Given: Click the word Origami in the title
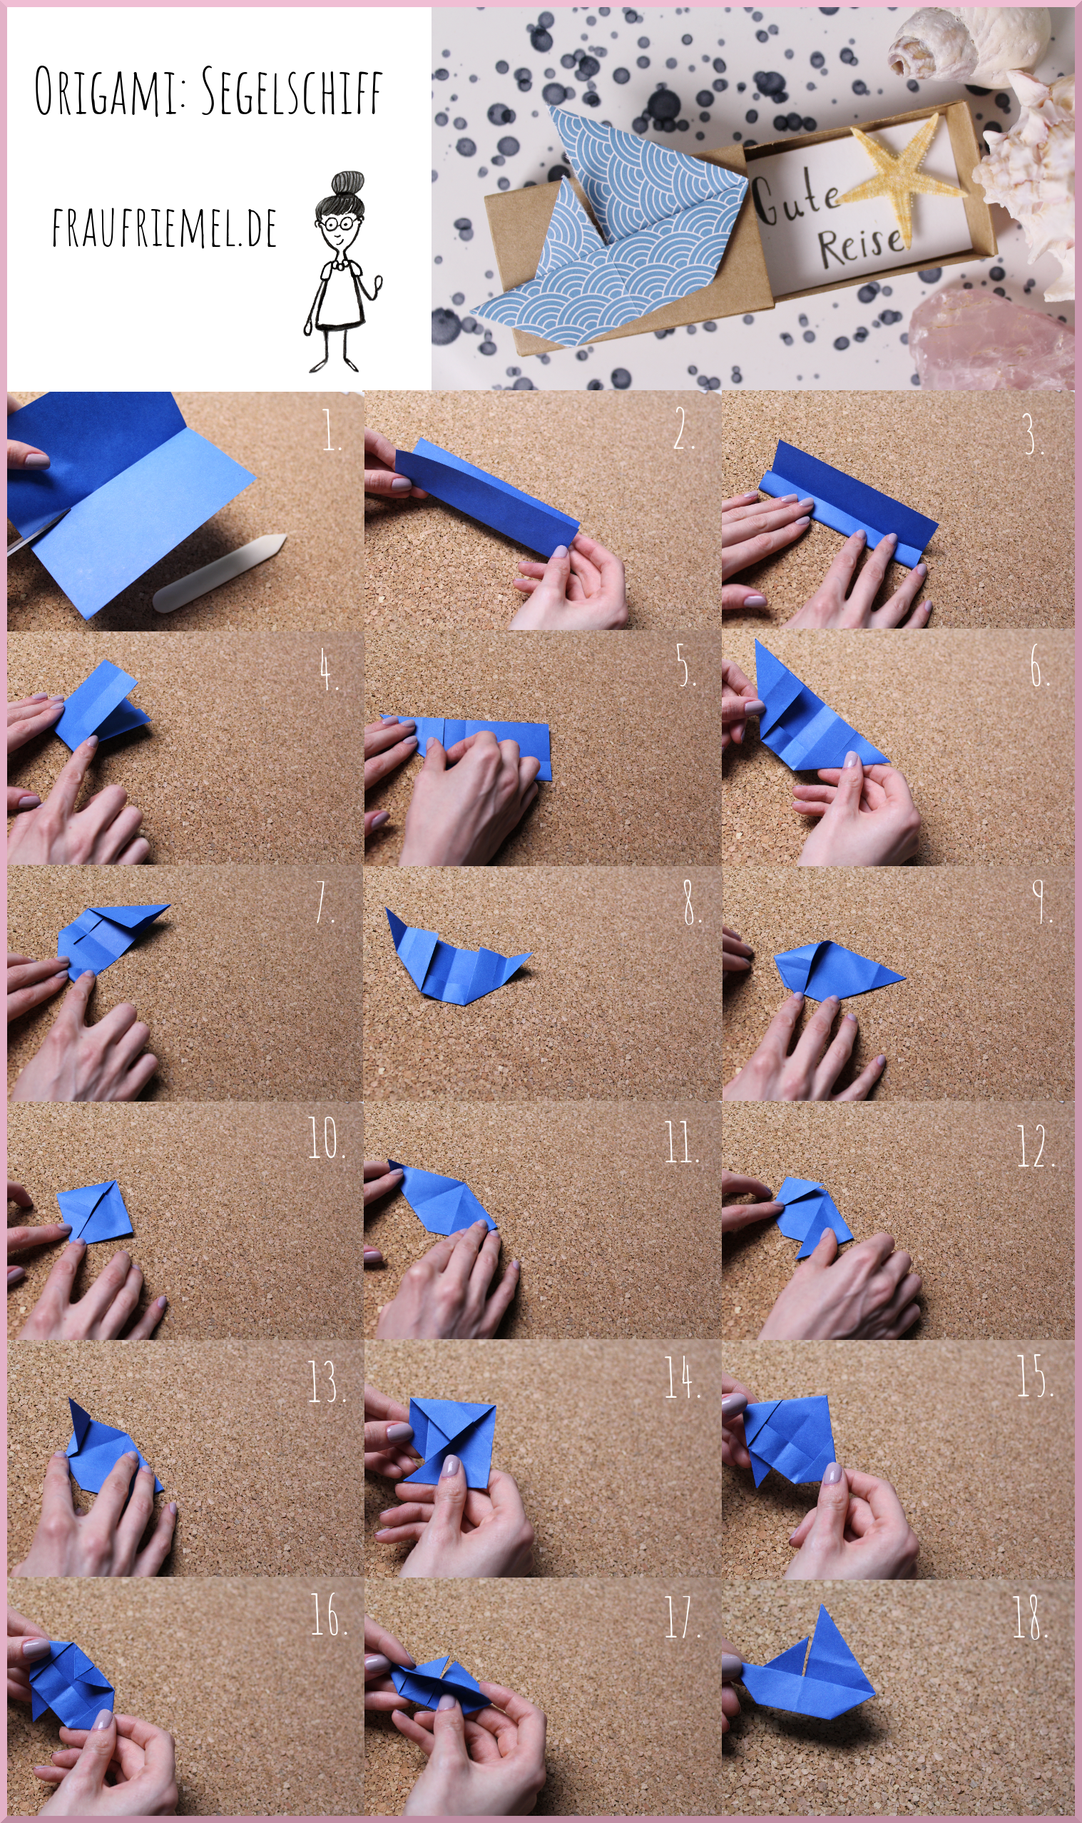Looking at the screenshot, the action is point(107,91).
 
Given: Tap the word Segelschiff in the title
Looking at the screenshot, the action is point(291,91).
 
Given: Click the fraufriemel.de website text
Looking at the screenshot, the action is point(164,228).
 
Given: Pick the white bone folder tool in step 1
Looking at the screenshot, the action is point(220,572).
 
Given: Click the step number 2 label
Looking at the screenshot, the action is point(683,429).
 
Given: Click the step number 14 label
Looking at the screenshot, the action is point(682,1377).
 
